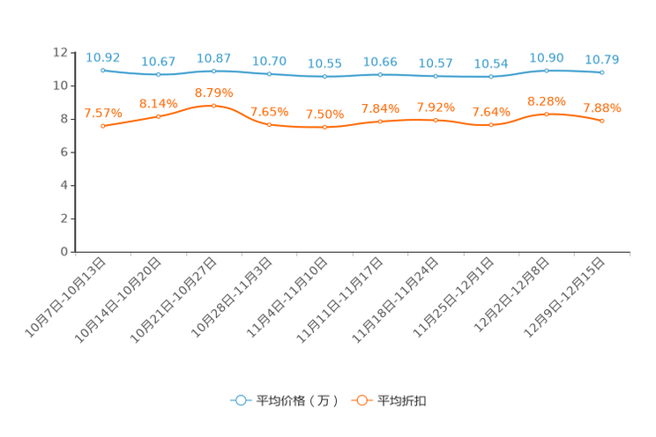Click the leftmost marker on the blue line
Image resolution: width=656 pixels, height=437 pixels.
click(103, 70)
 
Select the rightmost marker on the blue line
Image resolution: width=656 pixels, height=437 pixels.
click(602, 72)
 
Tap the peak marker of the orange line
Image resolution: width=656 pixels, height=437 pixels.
click(213, 105)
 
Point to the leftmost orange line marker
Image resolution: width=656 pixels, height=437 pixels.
click(103, 126)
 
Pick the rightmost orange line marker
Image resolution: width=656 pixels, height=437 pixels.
click(602, 121)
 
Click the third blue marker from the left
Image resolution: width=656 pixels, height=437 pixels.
click(213, 70)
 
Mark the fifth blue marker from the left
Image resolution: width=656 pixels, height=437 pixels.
click(324, 77)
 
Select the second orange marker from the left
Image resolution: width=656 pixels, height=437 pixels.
click(159, 115)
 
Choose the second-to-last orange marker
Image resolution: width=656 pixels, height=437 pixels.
click(547, 115)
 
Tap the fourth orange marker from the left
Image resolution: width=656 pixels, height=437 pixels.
click(269, 125)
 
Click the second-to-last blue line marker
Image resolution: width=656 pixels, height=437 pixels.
click(547, 70)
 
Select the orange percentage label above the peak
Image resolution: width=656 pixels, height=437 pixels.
click(213, 92)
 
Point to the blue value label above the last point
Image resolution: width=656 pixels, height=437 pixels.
click(602, 60)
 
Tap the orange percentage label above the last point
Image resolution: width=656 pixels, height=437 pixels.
click(602, 108)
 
